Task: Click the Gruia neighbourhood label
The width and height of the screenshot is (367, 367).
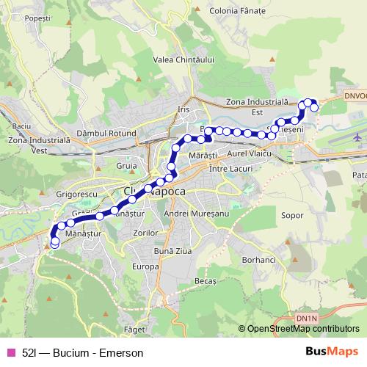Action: (127, 166)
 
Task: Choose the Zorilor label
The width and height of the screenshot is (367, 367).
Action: (145, 232)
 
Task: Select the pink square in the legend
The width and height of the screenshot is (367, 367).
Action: (11, 352)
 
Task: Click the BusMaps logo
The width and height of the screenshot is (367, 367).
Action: (333, 352)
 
